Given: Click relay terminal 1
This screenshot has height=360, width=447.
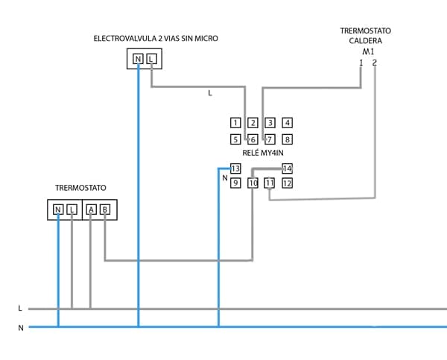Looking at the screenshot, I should (x=235, y=123).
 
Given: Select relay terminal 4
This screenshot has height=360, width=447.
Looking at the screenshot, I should (x=288, y=123).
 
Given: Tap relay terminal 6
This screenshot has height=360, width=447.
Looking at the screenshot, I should (x=253, y=139).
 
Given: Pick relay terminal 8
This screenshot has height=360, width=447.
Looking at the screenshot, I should (x=288, y=139).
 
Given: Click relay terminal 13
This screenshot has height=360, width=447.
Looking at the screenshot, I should (x=235, y=168).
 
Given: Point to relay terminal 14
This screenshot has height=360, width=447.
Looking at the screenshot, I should (x=288, y=168).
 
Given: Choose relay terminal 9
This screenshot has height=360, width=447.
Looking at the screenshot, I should (x=235, y=183).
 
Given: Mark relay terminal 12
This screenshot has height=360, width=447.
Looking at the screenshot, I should (x=288, y=183).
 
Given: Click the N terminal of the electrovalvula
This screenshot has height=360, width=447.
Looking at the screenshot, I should (x=138, y=59).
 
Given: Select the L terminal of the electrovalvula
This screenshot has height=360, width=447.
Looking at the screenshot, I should (x=151, y=59).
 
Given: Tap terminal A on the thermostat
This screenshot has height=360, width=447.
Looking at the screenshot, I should (x=91, y=210).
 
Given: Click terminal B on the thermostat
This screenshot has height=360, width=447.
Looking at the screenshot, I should (x=105, y=210).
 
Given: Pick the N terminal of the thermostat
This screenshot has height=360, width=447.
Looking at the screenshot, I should (x=58, y=210).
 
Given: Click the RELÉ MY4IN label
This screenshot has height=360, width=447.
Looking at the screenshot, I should (x=261, y=153).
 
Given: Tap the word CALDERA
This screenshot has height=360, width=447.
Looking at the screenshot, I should (x=366, y=41).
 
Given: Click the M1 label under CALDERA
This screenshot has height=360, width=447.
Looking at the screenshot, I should (x=367, y=52).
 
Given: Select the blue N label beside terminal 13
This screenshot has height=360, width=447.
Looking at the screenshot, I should (x=224, y=178).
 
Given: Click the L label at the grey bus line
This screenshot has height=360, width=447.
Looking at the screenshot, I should (x=20, y=308).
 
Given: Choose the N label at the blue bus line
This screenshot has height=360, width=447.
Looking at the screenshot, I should (x=20, y=327).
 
